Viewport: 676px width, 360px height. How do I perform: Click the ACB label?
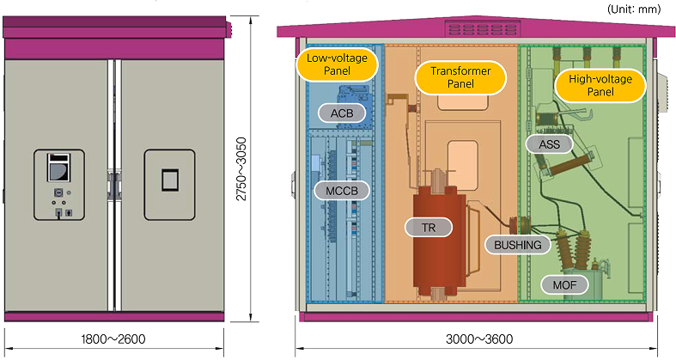pyautogui.click(x=342, y=113)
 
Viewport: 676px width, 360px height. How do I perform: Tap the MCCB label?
pyautogui.click(x=340, y=189)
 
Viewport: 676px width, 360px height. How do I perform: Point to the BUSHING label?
pyautogui.click(x=518, y=245)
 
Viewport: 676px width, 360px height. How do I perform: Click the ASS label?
pyautogui.click(x=549, y=143)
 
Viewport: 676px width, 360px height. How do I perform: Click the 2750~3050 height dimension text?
pyautogui.click(x=242, y=165)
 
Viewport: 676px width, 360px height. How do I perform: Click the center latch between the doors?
pyautogui.click(x=112, y=183)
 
